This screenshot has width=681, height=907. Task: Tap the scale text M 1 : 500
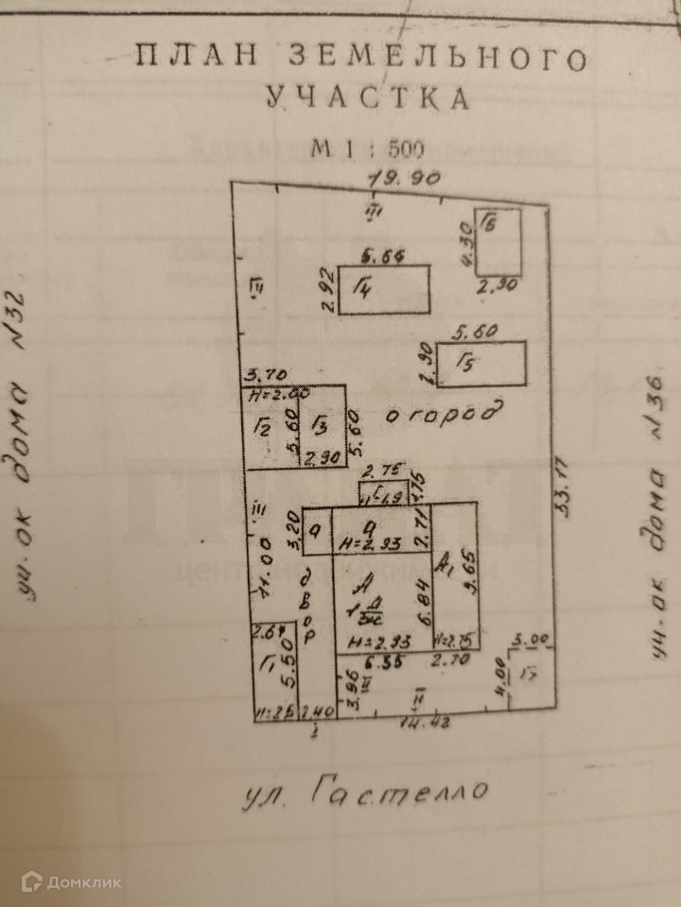(368, 149)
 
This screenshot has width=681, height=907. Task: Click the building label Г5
(463, 364)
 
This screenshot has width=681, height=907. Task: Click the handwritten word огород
(438, 414)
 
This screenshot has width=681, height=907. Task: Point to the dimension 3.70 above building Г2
(261, 376)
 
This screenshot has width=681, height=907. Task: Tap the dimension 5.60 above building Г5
(476, 333)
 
